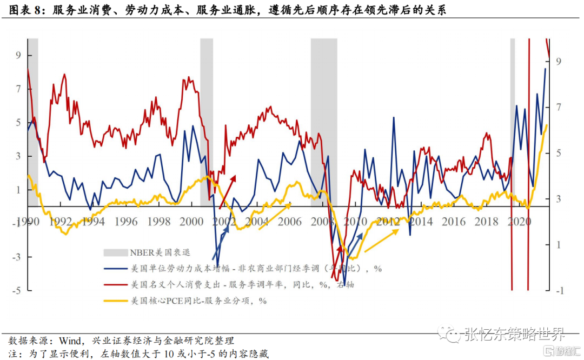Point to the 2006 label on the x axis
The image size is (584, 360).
[290, 222]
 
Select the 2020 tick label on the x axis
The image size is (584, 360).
[520, 222]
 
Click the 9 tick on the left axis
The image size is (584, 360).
[18, 55]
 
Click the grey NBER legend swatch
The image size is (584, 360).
[115, 252]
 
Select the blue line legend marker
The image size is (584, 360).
[115, 268]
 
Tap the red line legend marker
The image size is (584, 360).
[115, 284]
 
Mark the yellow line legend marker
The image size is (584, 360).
[115, 301]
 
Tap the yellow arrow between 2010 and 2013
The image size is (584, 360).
[382, 240]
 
